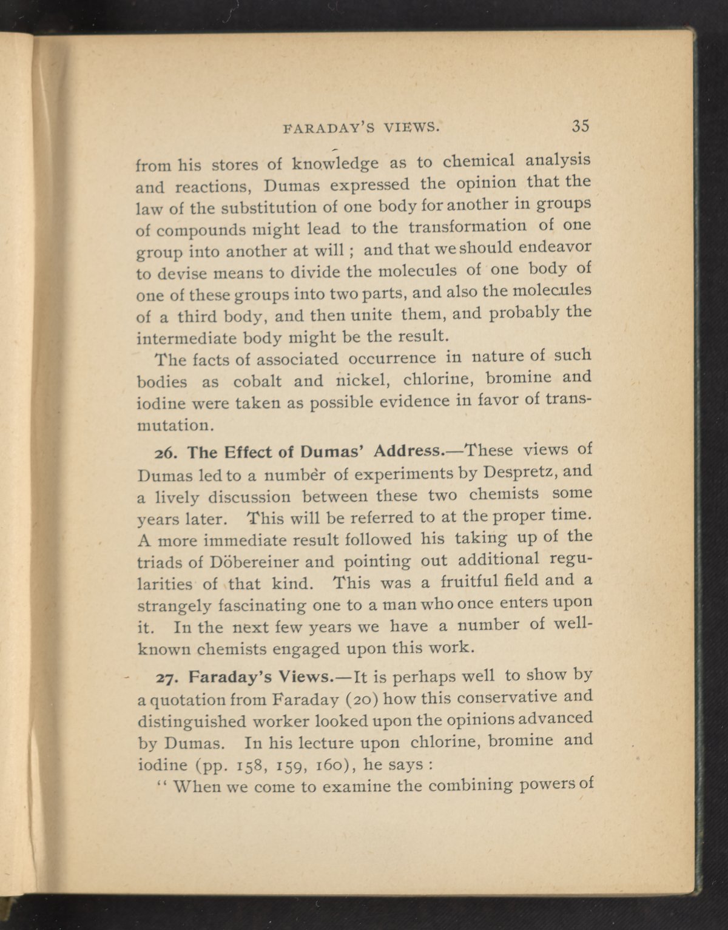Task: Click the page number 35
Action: point(579,126)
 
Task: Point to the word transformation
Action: point(468,227)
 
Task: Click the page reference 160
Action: point(325,764)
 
